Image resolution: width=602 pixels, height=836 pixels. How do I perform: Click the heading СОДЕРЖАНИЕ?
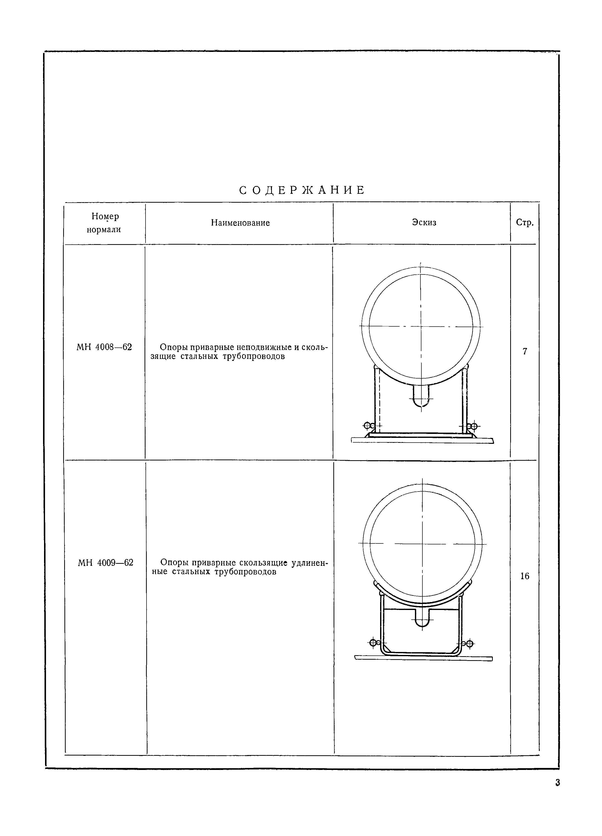[302, 190]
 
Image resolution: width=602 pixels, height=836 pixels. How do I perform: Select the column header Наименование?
[240, 223]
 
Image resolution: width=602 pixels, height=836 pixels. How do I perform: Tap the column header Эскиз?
[424, 222]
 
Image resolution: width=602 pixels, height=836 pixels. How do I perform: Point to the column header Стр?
[524, 223]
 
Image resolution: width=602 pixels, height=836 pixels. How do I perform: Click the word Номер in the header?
[105, 216]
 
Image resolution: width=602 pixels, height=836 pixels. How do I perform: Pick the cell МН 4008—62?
[104, 347]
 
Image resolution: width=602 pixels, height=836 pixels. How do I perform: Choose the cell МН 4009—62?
[105, 563]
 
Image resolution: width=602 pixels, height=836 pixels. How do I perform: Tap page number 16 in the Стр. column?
[524, 576]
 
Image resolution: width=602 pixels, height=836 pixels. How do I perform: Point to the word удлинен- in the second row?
[309, 563]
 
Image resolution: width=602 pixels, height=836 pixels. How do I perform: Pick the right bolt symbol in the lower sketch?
[469, 644]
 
